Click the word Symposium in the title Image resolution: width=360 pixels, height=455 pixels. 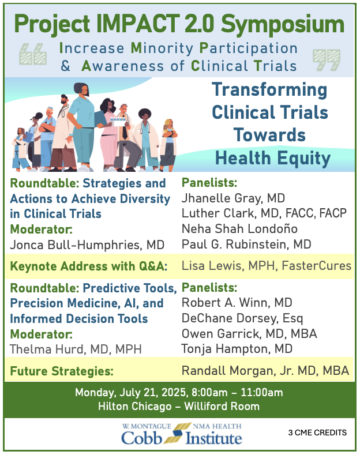283,25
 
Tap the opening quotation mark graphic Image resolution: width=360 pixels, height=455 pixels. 33,54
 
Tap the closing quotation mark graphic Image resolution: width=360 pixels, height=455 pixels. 327,60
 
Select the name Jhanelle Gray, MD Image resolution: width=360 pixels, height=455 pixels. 233,198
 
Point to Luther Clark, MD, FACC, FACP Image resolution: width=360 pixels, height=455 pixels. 264,213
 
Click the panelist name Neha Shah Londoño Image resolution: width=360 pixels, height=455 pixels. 239,229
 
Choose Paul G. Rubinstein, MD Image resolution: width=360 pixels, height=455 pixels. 246,245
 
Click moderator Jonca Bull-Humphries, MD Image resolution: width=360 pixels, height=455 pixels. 87,245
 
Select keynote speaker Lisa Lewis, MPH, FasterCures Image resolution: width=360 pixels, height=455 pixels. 267,266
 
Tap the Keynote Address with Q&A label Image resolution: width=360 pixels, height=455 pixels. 89,266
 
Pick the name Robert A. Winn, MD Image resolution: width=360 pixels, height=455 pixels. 237,303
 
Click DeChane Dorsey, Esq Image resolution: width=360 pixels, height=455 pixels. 242,319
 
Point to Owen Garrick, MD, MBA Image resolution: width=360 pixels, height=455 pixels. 249,334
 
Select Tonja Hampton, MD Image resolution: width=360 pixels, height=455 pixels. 237,349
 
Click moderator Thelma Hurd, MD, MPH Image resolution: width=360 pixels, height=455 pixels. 76,349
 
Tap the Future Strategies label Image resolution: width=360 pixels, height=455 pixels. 62,371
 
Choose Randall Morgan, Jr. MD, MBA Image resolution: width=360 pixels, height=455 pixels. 265,371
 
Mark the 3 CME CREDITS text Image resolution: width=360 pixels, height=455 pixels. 317,433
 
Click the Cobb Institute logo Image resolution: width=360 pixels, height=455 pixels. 182,434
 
